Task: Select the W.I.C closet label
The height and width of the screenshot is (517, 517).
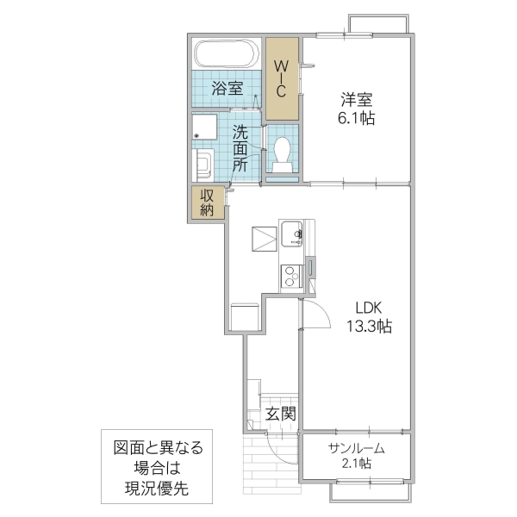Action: pos(282,78)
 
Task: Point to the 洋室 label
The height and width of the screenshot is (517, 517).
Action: pos(356,99)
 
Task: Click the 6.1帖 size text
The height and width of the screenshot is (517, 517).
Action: pos(356,118)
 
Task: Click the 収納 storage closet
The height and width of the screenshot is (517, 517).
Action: pos(208,202)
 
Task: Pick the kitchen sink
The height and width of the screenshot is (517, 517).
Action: pos(292,234)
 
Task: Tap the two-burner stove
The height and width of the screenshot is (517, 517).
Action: pos(290,275)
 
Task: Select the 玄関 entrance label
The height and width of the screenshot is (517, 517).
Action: pos(280,414)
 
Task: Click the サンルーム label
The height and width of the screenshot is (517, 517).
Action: pos(355,448)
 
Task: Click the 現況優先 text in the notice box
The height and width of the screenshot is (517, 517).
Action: pos(156,489)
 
